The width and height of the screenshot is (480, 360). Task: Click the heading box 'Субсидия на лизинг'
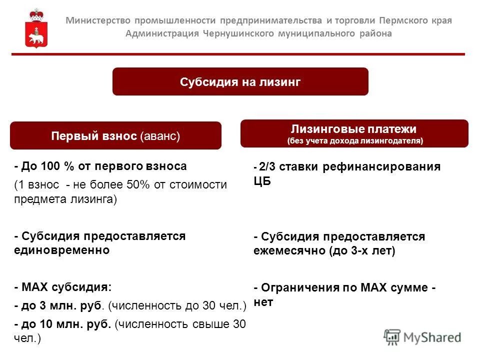pyautogui.click(x=240, y=82)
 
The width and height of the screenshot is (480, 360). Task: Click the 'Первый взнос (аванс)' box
pyautogui.click(x=115, y=136)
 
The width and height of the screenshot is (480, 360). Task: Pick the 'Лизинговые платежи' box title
pyautogui.click(x=354, y=128)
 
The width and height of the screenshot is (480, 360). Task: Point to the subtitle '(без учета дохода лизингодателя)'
pyautogui.click(x=354, y=141)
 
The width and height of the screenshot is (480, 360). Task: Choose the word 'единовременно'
pyautogui.click(x=61, y=250)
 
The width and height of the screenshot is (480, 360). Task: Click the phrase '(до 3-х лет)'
pyautogui.click(x=361, y=251)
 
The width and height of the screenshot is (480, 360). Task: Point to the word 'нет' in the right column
pyautogui.click(x=263, y=302)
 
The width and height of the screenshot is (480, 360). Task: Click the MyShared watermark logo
pyautogui.click(x=422, y=337)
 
